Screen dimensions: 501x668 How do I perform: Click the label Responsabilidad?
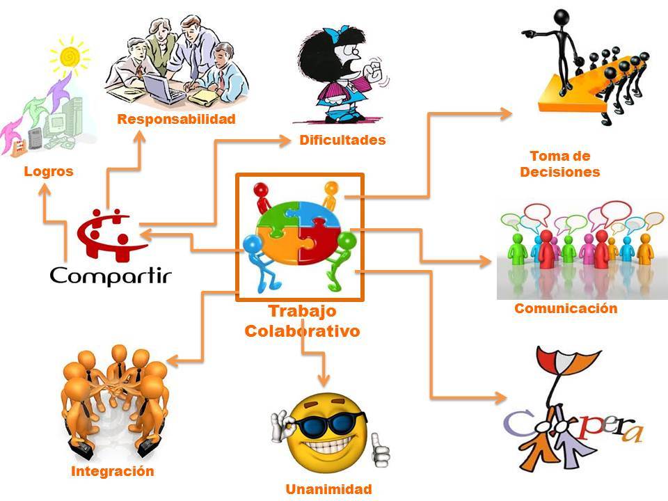click(176, 119)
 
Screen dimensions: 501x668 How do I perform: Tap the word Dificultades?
click(342, 140)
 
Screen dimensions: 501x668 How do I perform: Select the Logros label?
click(48, 171)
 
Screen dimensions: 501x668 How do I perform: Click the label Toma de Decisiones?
click(560, 164)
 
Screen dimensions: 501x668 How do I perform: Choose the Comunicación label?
click(566, 308)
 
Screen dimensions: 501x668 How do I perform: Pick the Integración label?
click(112, 471)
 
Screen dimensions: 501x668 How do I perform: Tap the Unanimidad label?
click(328, 489)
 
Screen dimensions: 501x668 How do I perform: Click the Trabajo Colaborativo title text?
click(302, 321)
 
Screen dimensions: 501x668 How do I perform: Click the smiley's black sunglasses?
click(323, 424)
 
